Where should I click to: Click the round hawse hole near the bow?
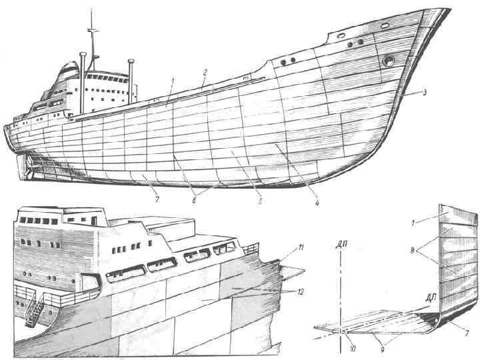pyautogui.click(x=387, y=61)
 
